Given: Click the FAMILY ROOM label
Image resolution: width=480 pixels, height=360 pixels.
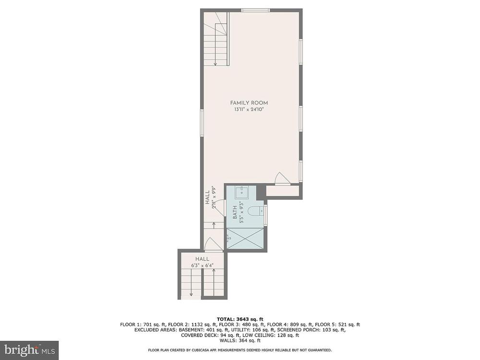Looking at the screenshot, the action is click(x=249, y=103).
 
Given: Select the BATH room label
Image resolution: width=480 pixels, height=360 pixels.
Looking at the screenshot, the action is click(x=235, y=212).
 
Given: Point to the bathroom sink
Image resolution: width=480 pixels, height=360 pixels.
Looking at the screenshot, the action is click(x=242, y=193).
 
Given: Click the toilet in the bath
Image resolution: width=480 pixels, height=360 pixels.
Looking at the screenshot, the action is click(x=255, y=212).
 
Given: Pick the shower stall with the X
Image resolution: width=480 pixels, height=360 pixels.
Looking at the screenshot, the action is click(x=245, y=240).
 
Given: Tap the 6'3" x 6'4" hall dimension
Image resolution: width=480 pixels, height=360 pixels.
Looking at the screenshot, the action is click(x=203, y=266).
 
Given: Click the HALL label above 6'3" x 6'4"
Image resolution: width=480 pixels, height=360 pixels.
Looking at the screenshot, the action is click(x=203, y=259).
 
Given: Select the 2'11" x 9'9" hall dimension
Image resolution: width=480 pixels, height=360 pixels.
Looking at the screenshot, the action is click(x=214, y=197).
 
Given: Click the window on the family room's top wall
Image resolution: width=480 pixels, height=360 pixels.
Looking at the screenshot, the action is click(x=256, y=11).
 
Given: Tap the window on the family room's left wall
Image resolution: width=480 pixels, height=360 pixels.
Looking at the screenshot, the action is click(x=202, y=122).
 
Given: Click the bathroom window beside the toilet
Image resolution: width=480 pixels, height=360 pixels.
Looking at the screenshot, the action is click(x=265, y=216).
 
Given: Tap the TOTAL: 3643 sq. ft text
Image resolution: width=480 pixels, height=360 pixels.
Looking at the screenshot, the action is click(x=240, y=319).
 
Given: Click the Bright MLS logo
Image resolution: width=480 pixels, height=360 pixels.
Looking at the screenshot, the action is click(x=29, y=349).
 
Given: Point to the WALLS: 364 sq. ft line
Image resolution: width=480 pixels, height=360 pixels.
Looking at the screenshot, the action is click(x=240, y=340).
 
